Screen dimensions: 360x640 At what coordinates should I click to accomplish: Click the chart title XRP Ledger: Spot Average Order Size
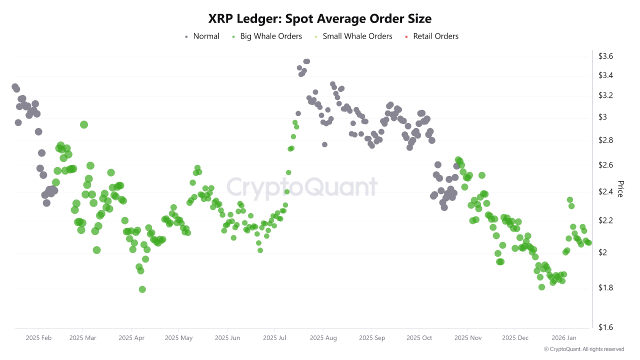point(320,18)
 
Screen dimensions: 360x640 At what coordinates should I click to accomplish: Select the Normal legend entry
point(202,36)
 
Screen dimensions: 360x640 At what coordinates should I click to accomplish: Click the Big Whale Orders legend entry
point(267,36)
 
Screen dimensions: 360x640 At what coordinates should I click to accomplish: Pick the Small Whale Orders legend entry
point(352,36)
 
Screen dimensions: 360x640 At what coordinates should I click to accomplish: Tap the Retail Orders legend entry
point(430,36)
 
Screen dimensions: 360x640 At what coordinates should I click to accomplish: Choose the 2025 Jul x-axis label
point(275,338)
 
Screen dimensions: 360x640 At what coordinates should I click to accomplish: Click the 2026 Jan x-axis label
point(564,338)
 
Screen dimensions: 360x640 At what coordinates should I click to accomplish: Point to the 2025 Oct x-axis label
point(419,338)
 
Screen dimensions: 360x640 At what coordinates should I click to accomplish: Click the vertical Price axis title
point(620,189)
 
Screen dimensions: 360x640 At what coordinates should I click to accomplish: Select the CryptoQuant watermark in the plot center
point(302,187)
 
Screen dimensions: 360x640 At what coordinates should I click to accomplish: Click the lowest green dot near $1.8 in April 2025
point(142,289)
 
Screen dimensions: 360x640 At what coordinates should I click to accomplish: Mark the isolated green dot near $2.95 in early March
point(84,124)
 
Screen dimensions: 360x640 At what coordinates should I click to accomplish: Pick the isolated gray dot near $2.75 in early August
point(324,144)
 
